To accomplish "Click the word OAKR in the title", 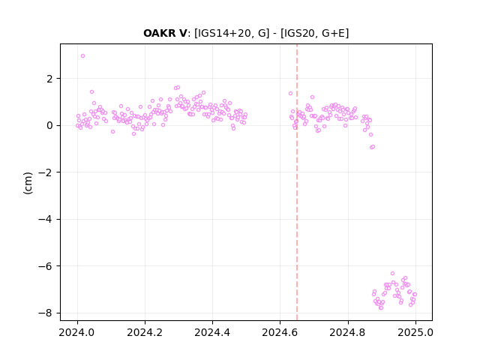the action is [160, 33].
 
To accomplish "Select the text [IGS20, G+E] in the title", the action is [314, 33].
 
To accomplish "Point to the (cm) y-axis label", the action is [28, 183].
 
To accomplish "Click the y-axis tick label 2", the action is [49, 79].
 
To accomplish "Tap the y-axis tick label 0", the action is [49, 126].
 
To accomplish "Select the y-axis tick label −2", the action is [46, 172].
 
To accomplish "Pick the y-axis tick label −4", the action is [46, 220].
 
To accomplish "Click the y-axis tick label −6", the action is [46, 266].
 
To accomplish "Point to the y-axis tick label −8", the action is [46, 313].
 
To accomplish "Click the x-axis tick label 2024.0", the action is [77, 332].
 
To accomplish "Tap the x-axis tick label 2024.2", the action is [145, 332].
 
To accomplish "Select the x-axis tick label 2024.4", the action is [212, 332].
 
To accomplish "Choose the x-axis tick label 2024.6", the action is [280, 332].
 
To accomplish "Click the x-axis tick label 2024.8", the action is [347, 332].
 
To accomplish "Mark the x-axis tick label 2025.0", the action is [415, 332].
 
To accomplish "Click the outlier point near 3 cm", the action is [82, 56].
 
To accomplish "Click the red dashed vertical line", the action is [297, 182].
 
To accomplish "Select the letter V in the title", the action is [183, 33].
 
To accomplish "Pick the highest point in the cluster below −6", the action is [392, 273].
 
